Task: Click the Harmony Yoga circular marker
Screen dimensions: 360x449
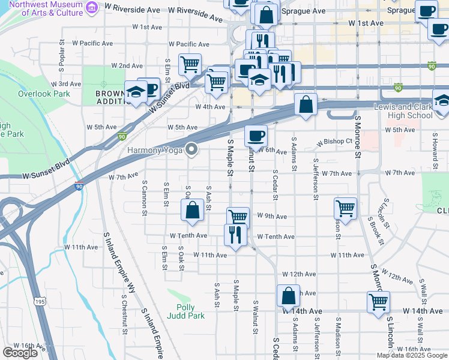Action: point(191,149)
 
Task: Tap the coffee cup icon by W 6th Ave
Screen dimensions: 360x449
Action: point(256,136)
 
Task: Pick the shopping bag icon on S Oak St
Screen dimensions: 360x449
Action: point(192,210)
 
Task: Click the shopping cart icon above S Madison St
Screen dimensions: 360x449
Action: point(345,209)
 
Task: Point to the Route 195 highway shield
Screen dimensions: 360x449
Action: point(40,301)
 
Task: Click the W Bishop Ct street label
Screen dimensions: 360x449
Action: point(334,142)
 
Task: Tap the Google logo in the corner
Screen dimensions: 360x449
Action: point(20,353)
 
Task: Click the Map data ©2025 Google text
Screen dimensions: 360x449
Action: point(412,355)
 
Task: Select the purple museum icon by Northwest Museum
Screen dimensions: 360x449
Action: point(91,7)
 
